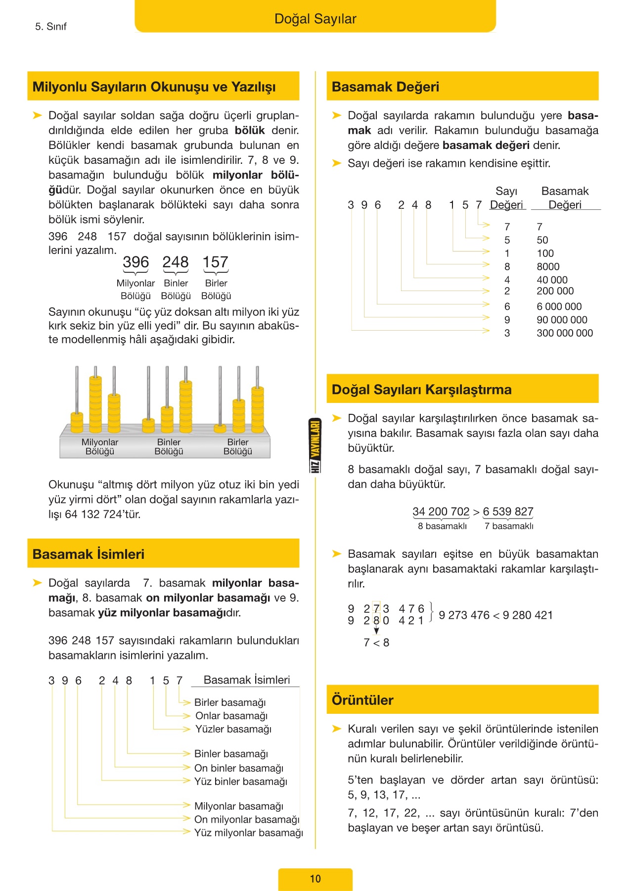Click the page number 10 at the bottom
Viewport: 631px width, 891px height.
315,879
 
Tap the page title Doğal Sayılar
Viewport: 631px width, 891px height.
315,19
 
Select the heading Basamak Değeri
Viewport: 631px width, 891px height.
385,87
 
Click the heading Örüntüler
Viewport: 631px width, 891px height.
362,700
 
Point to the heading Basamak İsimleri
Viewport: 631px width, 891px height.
89,554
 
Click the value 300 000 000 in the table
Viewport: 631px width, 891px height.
564,333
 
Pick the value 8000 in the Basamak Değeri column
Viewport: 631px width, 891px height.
548,266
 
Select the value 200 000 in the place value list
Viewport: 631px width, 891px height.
555,291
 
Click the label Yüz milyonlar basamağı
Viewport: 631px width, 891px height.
248,833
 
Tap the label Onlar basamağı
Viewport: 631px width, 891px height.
231,716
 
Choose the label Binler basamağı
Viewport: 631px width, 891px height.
231,753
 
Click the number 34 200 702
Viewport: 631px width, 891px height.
441,511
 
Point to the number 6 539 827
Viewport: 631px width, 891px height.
508,511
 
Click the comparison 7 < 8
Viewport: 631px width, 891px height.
376,643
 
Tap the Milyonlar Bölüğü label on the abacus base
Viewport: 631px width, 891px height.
100,446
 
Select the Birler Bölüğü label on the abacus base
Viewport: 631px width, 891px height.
238,446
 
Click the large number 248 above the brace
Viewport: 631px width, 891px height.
176,262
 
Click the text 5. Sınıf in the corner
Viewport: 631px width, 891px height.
50,27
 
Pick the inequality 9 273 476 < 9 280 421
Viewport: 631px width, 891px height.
496,615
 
